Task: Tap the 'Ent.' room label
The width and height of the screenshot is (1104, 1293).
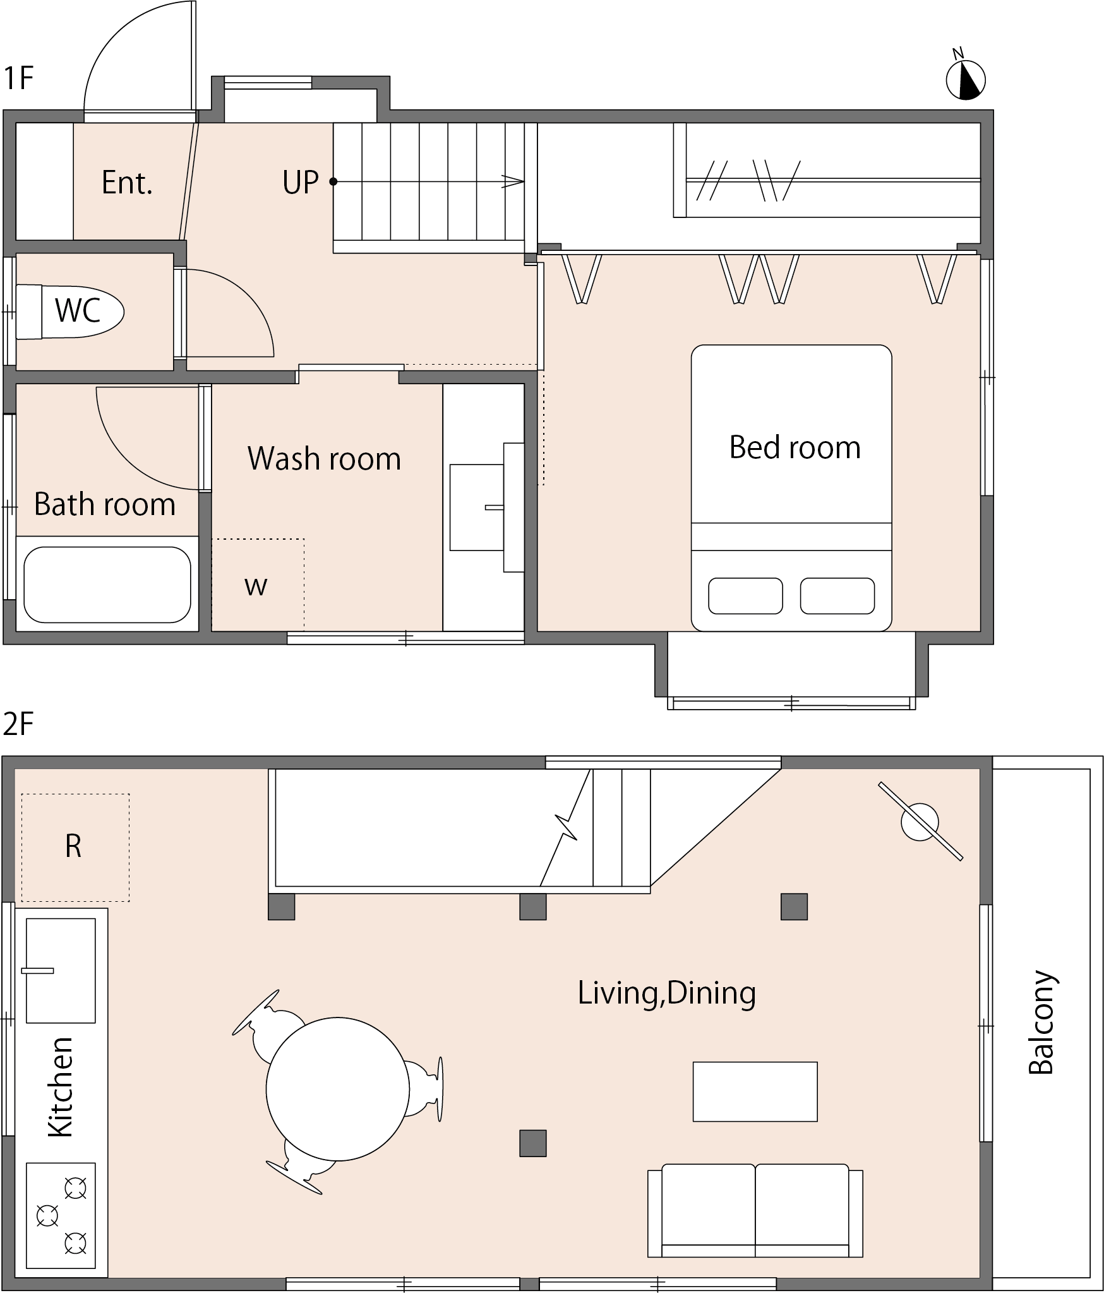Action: pos(127,183)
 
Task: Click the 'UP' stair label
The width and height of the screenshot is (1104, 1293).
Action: pos(301,182)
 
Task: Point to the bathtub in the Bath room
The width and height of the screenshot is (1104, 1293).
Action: pos(107,585)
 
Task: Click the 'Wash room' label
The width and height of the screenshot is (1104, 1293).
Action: pos(325,458)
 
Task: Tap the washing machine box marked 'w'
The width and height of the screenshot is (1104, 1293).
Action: pos(258,585)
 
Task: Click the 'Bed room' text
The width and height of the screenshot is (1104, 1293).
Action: pos(795,447)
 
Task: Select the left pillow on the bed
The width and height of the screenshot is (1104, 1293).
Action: pos(745,596)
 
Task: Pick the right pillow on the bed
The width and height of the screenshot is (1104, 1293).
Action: pos(837,596)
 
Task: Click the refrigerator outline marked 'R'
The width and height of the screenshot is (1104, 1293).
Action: pos(75,847)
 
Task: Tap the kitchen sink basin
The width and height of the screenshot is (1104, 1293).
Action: pos(61,971)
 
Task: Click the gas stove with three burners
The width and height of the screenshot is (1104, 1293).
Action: pos(61,1215)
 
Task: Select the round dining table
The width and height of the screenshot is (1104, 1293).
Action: pos(338,1089)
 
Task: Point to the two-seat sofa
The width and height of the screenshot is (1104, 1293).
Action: pos(755,1210)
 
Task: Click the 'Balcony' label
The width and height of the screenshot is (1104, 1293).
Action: pos(1042,1022)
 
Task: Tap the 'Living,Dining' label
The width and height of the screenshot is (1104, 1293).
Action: pos(667,993)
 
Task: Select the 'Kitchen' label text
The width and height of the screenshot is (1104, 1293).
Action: pos(61,1087)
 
